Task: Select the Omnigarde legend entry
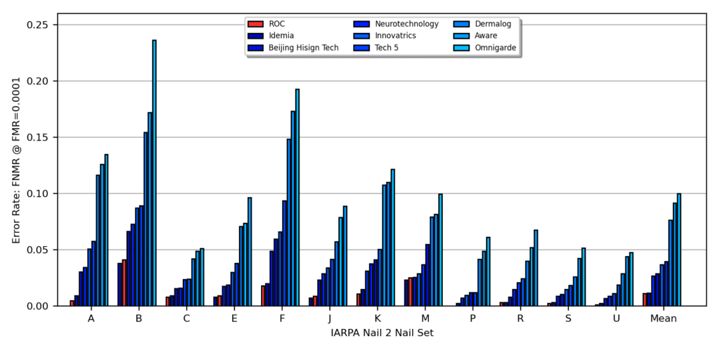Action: click(x=496, y=48)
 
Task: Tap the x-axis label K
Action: click(x=378, y=319)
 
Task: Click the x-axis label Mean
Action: click(x=663, y=319)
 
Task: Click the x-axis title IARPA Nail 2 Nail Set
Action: click(x=382, y=333)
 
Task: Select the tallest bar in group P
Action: click(x=488, y=271)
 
